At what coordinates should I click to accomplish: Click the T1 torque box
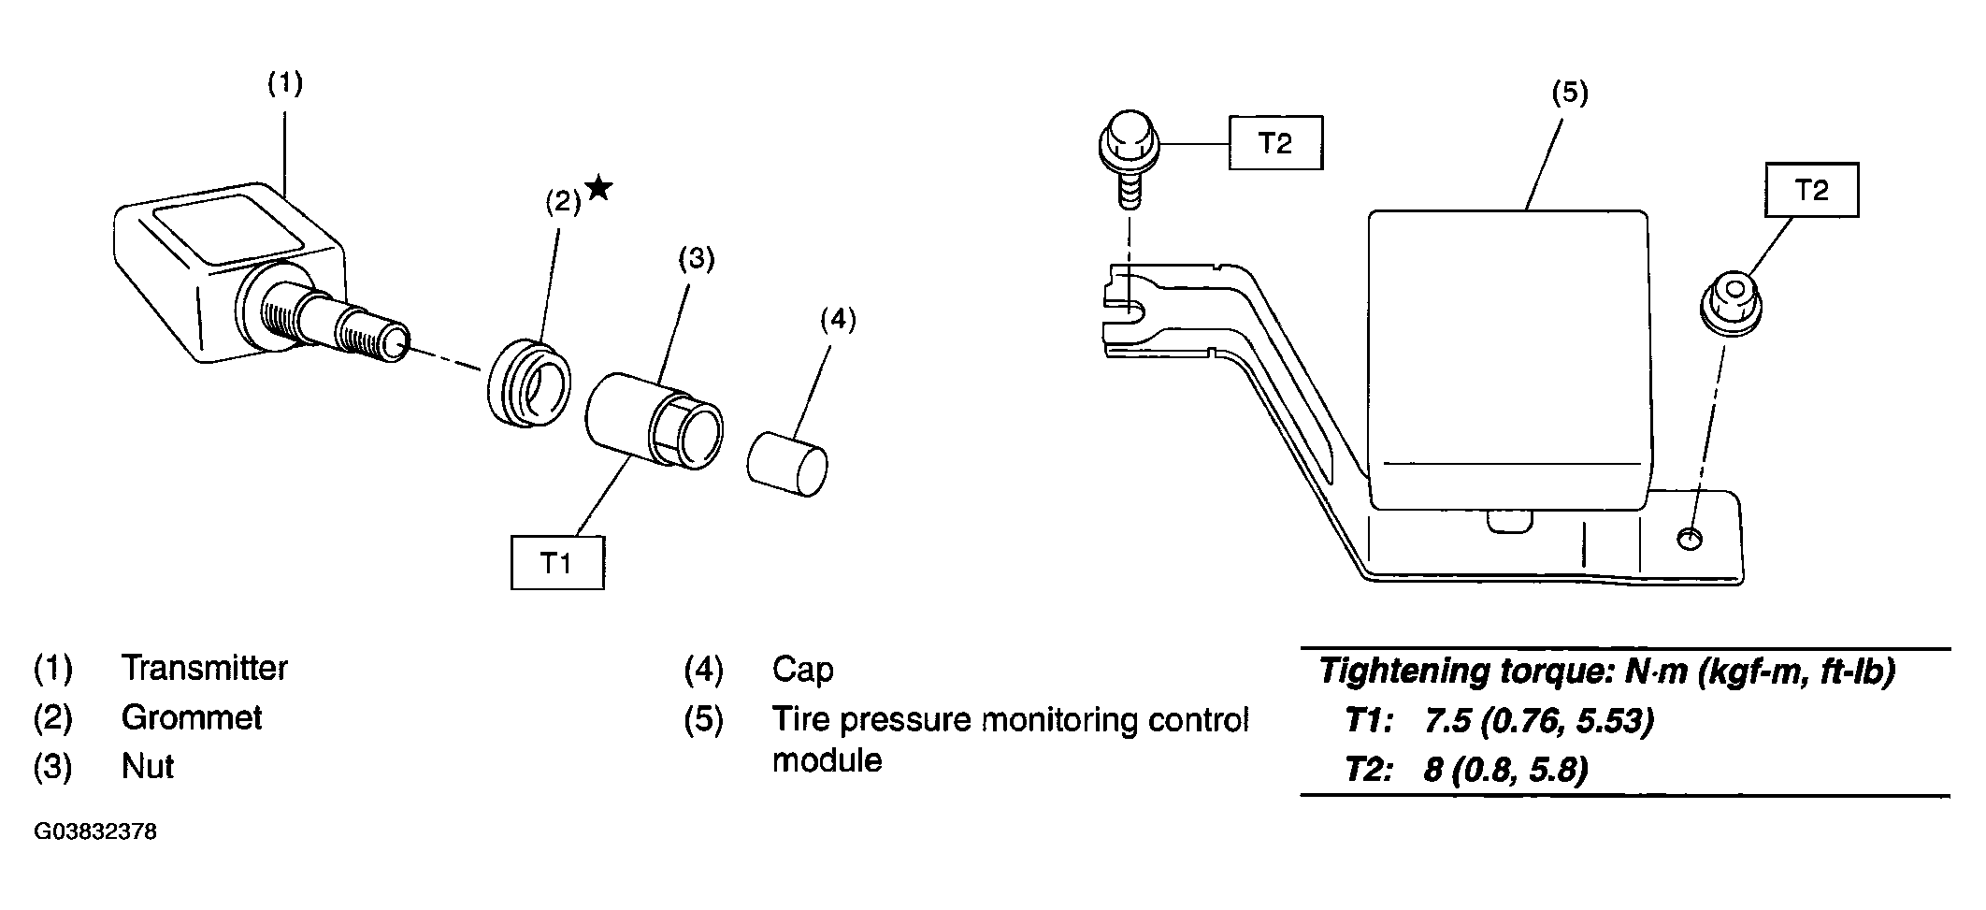(557, 562)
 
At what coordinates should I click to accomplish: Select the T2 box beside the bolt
(1275, 143)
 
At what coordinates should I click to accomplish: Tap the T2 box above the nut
(1812, 191)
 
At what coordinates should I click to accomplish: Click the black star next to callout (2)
(598, 188)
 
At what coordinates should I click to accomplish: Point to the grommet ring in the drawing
(528, 384)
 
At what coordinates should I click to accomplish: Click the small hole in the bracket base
(1690, 539)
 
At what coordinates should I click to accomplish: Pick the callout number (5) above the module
(1570, 93)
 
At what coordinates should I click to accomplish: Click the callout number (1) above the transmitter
(285, 83)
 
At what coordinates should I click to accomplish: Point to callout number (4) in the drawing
(837, 320)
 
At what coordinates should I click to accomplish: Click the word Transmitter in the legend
(205, 668)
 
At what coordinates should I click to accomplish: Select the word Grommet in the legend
(192, 717)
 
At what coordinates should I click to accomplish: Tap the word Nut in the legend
(148, 766)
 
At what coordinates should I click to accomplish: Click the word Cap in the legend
(802, 670)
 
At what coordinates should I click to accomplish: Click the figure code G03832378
(95, 831)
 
